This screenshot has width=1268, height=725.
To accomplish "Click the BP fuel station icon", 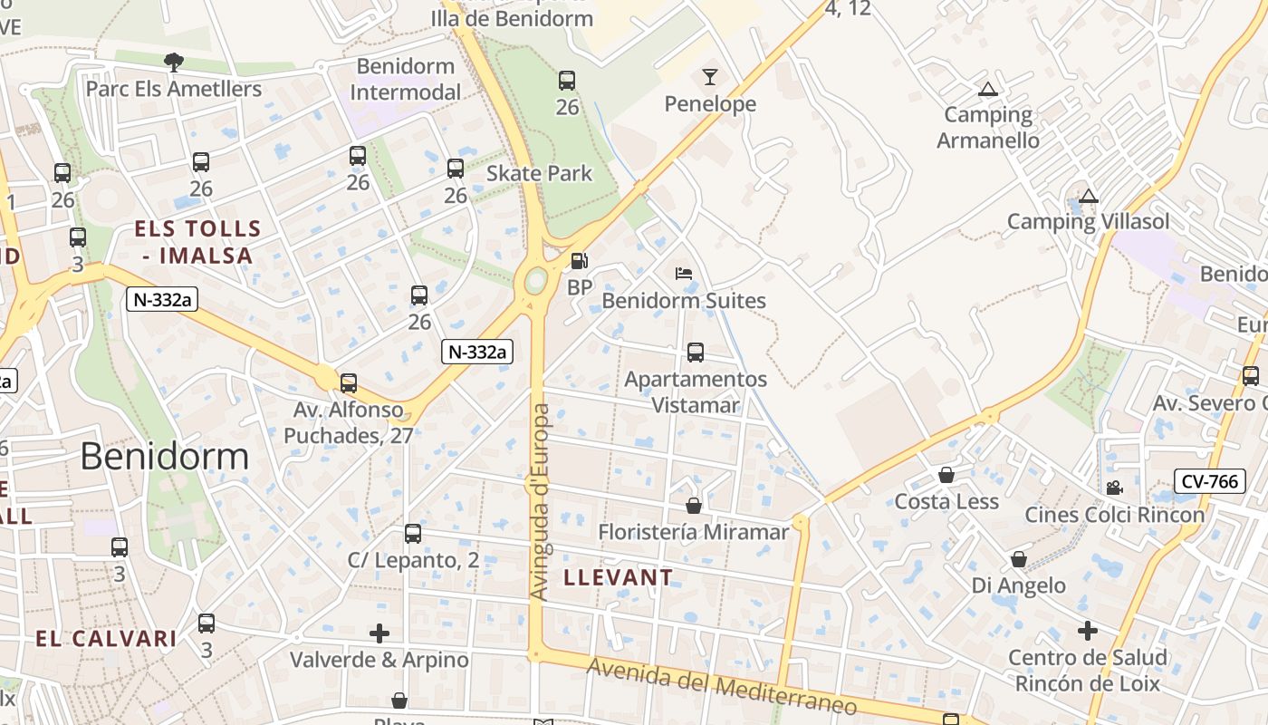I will (x=579, y=261).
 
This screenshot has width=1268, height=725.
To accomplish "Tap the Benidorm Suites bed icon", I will (x=684, y=274).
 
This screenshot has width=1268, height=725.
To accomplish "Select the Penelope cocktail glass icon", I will (x=710, y=77).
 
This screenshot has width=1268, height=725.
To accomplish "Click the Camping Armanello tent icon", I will (x=987, y=89).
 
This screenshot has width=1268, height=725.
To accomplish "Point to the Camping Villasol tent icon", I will (x=1089, y=196).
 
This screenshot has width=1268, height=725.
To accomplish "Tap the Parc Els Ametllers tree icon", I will (x=174, y=62).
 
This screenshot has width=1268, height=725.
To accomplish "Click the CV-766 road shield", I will (x=1209, y=481).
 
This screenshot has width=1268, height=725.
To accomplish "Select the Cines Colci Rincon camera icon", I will (x=1114, y=488).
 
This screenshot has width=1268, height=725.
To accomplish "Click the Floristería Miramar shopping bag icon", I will (x=694, y=506).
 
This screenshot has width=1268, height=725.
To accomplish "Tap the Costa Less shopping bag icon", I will (x=946, y=475).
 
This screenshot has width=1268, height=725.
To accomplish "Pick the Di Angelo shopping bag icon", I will (x=1019, y=559).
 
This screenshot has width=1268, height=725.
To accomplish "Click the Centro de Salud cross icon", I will (x=1088, y=630).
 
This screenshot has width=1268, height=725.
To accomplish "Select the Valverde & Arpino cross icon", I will (x=379, y=633).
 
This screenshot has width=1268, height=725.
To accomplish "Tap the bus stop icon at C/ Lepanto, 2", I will (x=413, y=534).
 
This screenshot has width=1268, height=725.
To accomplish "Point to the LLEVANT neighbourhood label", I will (x=619, y=577).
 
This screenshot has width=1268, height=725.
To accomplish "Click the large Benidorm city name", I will (x=164, y=456).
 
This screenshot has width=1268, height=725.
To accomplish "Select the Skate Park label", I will (x=540, y=173).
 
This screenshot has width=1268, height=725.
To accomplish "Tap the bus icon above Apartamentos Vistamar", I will (x=696, y=353).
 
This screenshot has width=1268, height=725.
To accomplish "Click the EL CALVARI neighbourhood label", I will (x=106, y=638).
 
